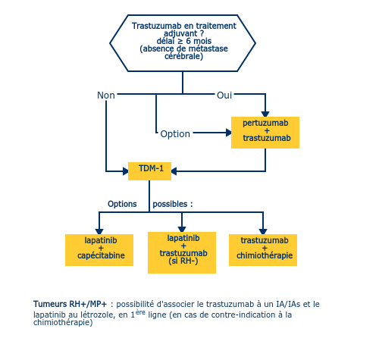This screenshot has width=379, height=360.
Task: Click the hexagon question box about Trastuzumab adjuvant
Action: coord(183,43)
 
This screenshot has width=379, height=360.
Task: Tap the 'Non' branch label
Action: coord(106,95)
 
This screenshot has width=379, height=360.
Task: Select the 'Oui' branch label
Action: coord(224,95)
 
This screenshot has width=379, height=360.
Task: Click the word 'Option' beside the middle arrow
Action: coord(175,134)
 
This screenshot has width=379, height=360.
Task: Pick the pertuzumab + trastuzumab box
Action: coord(265,133)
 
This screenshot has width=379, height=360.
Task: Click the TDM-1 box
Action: coord(149,171)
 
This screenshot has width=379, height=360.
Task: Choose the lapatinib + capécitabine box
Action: coord(99,250)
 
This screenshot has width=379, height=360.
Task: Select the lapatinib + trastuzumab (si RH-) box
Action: coord(182,252)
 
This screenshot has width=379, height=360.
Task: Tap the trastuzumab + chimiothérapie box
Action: coord(263,250)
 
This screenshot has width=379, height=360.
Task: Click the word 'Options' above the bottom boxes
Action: coord(122,204)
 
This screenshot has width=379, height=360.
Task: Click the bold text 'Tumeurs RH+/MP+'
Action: coord(70,304)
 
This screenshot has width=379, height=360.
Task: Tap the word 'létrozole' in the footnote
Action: coord(96,315)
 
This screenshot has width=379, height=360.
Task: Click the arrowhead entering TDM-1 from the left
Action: coord(126,171)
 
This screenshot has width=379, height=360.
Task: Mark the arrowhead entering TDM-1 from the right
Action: coord(174,171)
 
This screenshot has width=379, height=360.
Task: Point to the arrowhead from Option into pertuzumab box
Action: coord(229,133)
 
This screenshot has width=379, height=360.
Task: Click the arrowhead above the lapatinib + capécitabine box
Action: coord(99,232)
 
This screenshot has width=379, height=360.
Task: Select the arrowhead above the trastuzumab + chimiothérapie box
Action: coord(263,232)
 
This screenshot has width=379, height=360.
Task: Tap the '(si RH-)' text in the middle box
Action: coord(183,261)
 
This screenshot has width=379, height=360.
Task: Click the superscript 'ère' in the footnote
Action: coord(140,312)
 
